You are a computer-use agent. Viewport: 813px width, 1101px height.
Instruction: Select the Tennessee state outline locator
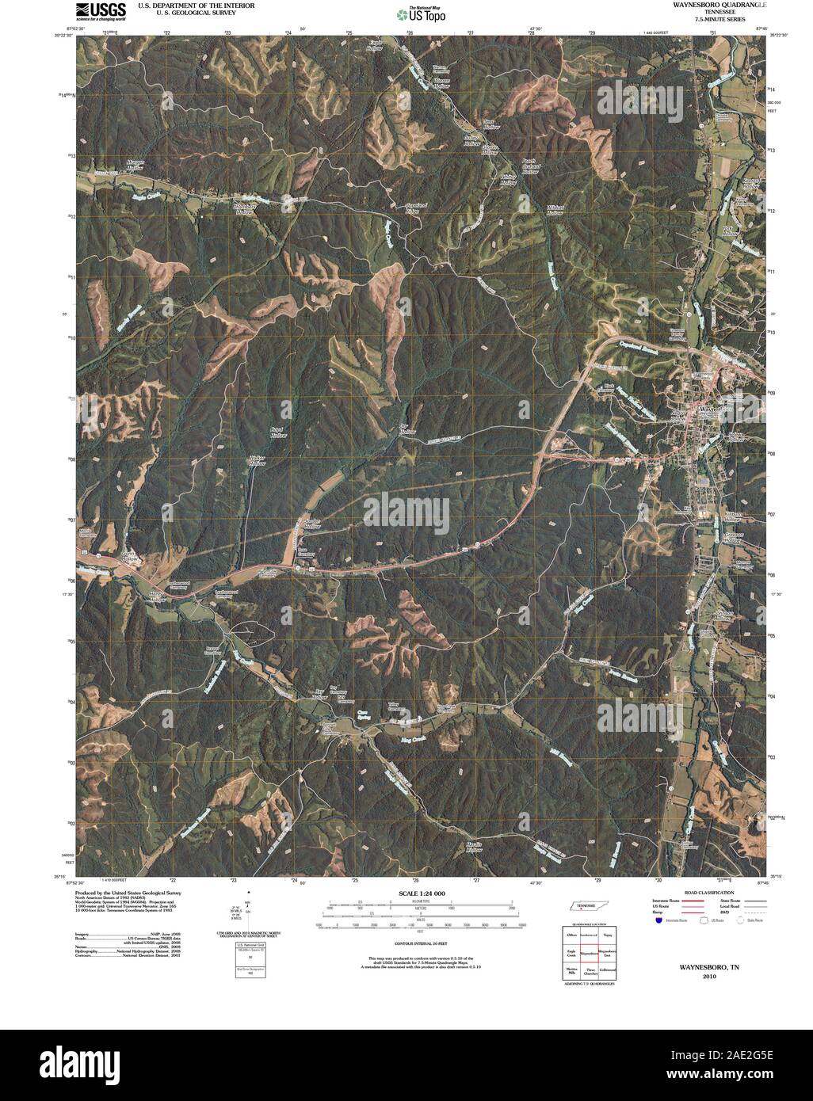[588, 908]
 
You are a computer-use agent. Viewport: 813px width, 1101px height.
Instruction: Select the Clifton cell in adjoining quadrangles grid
[570, 935]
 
